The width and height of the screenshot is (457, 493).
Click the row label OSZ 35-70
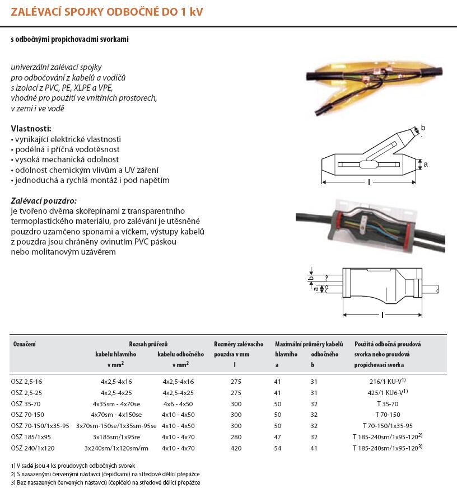click(26, 403)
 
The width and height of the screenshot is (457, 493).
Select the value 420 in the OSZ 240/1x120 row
click(236, 448)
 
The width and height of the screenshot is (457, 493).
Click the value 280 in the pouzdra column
click(236, 437)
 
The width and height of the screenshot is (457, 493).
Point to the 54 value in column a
click(278, 448)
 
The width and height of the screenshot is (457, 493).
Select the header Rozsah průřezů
click(148, 344)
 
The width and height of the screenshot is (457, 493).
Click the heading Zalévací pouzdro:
click(44, 200)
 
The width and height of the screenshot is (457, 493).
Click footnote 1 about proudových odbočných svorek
click(73, 465)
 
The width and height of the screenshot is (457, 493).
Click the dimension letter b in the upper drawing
click(423, 128)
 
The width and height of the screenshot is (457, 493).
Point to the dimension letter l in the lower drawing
click(383, 315)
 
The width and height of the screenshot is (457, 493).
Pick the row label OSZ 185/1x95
click(31, 437)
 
